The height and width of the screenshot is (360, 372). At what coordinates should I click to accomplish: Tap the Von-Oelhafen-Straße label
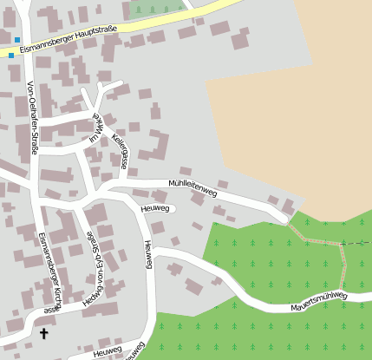(32, 118)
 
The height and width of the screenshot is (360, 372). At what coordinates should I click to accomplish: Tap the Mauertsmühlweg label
(319, 302)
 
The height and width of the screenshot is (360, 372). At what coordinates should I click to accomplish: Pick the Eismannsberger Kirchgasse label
(49, 272)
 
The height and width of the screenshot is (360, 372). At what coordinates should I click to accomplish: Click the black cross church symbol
(44, 332)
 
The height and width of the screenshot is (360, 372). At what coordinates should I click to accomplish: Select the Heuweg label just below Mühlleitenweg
(153, 207)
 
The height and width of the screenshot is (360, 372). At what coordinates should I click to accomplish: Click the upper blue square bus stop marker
(16, 40)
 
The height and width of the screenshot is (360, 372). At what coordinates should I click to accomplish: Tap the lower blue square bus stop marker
(11, 56)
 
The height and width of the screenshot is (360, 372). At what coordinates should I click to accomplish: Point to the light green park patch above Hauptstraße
(156, 9)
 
